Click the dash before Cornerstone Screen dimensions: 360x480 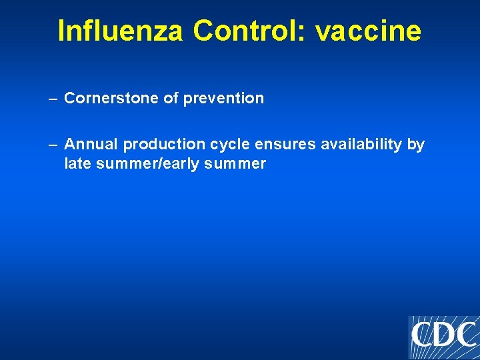click(x=53, y=99)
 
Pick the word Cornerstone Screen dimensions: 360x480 click(x=112, y=98)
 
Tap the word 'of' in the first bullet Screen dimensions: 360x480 click(x=171, y=98)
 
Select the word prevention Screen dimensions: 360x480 click(x=223, y=99)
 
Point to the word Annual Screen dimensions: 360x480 click(x=91, y=145)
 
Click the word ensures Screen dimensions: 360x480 click(x=278, y=145)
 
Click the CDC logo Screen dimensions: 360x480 click(x=443, y=336)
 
